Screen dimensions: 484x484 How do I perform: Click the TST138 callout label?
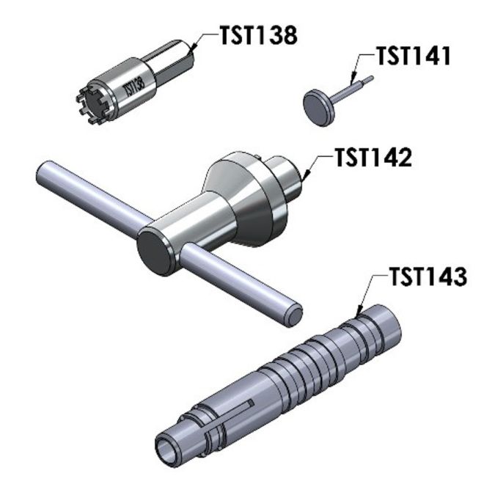click(x=259, y=35)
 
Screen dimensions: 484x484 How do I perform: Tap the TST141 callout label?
click(x=414, y=56)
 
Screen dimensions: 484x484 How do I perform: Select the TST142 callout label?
click(x=374, y=158)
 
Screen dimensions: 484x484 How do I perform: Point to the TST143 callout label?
click(x=428, y=276)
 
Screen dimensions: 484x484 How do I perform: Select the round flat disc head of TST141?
click(x=319, y=108)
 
